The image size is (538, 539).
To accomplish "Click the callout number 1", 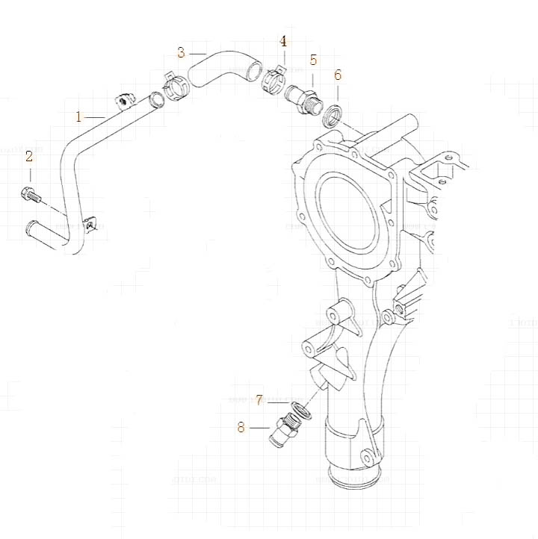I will coord(79,116).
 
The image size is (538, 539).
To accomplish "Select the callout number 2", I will coord(29,156).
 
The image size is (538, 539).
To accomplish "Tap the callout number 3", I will coord(182,52).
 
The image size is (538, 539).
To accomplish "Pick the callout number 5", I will coord(314,60).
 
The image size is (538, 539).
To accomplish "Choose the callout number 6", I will coord(338,75).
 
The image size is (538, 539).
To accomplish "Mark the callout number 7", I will coord(259,400).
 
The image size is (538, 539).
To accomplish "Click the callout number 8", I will coord(241,427).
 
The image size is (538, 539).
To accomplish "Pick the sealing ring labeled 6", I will coord(333,116).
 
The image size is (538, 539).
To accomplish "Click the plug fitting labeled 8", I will coord(287,431).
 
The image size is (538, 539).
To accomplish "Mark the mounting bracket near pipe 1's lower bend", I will coord(90,222).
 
